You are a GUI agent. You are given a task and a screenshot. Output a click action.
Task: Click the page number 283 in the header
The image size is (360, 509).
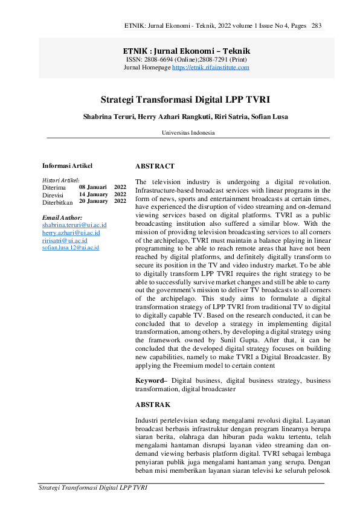point(317,26)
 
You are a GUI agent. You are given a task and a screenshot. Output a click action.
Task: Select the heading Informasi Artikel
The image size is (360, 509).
point(67,165)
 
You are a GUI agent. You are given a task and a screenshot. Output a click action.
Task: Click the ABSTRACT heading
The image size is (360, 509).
point(155,165)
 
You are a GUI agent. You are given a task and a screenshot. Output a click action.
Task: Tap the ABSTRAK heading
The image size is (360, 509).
point(153,404)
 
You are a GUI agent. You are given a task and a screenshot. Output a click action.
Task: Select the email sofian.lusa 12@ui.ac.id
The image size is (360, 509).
point(71,248)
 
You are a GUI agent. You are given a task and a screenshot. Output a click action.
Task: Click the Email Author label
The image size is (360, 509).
point(62,217)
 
